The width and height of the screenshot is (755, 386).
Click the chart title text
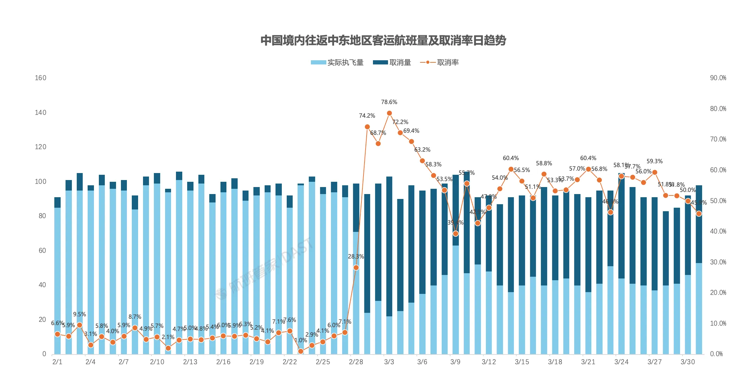(x=383, y=41)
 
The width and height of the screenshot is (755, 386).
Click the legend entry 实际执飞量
(x=337, y=63)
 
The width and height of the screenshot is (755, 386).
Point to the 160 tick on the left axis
(x=40, y=78)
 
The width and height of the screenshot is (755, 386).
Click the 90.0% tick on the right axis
(x=718, y=78)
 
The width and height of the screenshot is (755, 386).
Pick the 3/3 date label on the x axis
(x=389, y=362)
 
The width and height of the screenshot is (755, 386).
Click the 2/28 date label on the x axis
(x=356, y=362)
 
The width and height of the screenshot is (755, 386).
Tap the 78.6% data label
(x=389, y=102)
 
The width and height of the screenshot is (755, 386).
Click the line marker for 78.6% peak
(x=389, y=113)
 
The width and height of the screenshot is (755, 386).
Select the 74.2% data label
(x=367, y=116)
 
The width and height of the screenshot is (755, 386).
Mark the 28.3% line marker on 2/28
(x=356, y=268)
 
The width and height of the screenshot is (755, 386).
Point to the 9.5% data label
(x=79, y=314)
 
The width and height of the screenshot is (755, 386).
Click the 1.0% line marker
(x=301, y=351)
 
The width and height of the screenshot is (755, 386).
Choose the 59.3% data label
(x=654, y=161)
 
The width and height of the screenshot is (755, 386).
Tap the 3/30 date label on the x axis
(x=687, y=362)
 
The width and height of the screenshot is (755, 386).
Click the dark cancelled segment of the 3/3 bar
(x=389, y=245)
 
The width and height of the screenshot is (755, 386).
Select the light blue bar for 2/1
(x=57, y=280)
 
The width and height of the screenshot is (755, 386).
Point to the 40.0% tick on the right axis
(x=718, y=231)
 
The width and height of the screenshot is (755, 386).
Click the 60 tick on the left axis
(x=42, y=250)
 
